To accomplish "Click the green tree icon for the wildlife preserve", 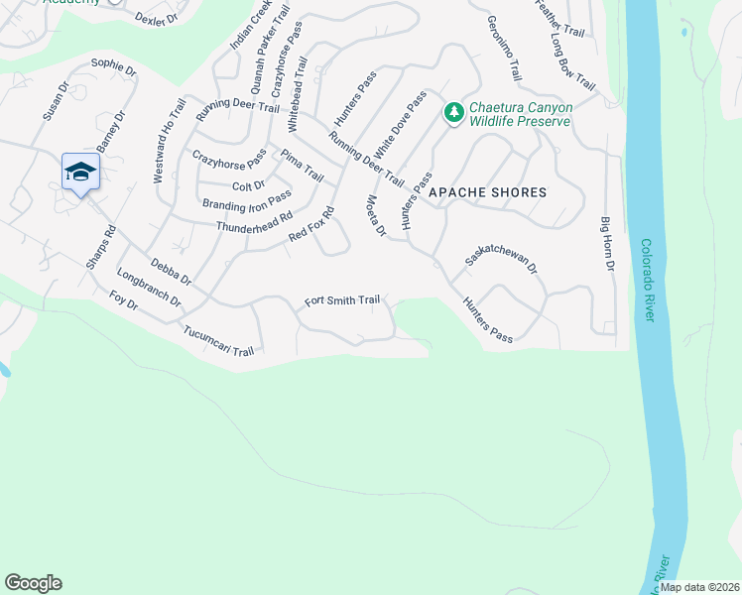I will tap(453, 112).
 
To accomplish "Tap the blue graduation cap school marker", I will tap(79, 173).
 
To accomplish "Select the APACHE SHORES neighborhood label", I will tap(488, 192).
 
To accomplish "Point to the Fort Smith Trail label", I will tap(341, 299).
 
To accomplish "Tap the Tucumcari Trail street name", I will tap(218, 339).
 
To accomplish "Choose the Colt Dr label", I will tap(248, 185).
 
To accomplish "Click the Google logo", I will tap(33, 583).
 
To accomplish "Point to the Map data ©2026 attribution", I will tap(698, 587).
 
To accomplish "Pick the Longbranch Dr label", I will tap(149, 288).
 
